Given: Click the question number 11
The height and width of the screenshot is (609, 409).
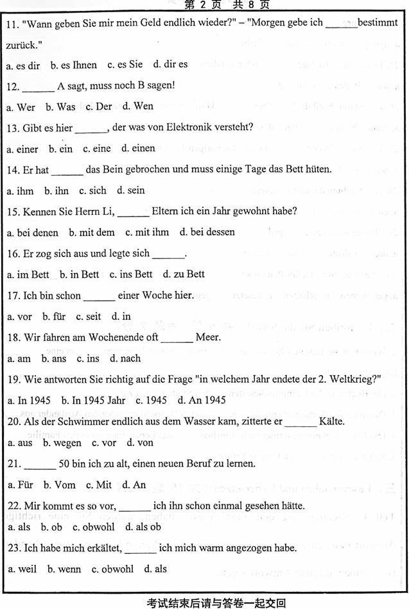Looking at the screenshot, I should click(12, 24).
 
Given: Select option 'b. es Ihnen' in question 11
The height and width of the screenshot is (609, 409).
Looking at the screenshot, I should click(74, 65).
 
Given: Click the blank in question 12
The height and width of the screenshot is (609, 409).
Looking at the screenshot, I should click(39, 86).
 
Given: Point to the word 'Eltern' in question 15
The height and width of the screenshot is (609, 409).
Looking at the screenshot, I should click(166, 211).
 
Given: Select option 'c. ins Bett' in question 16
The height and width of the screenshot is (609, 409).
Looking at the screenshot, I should click(131, 274).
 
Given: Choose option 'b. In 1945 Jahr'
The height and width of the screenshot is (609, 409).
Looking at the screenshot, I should click(94, 401).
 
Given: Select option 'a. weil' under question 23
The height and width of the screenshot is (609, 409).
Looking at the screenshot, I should click(22, 569).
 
